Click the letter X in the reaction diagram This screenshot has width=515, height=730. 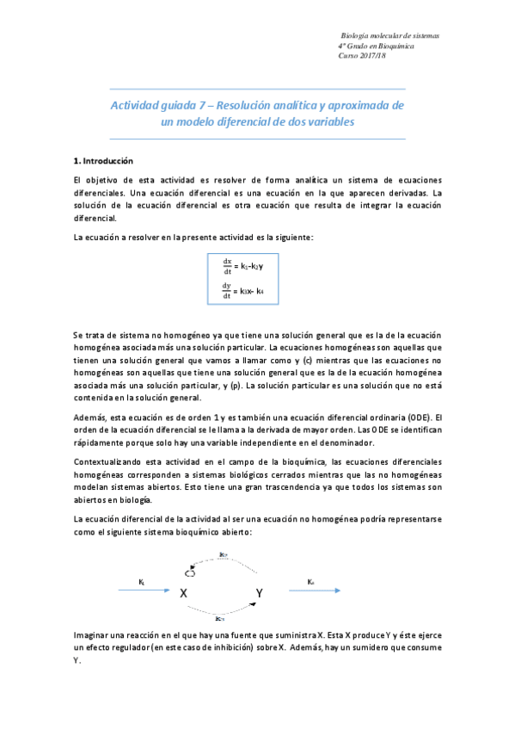coord(183,593)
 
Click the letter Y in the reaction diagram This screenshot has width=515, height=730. coord(260,593)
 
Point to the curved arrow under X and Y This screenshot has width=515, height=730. coord(222,612)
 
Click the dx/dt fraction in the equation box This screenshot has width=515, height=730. coord(227,264)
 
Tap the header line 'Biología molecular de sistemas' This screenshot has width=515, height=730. coord(390,35)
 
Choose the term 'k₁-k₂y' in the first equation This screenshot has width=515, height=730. coord(250,265)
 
